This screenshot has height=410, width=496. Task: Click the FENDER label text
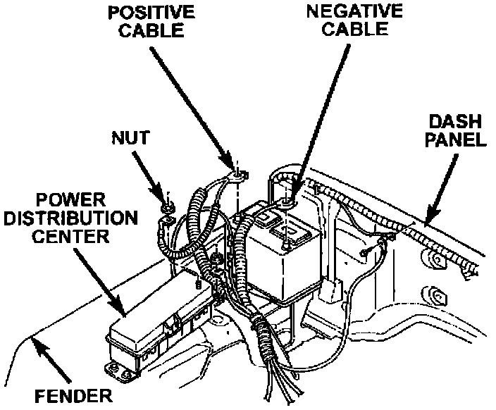[x=74, y=395]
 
